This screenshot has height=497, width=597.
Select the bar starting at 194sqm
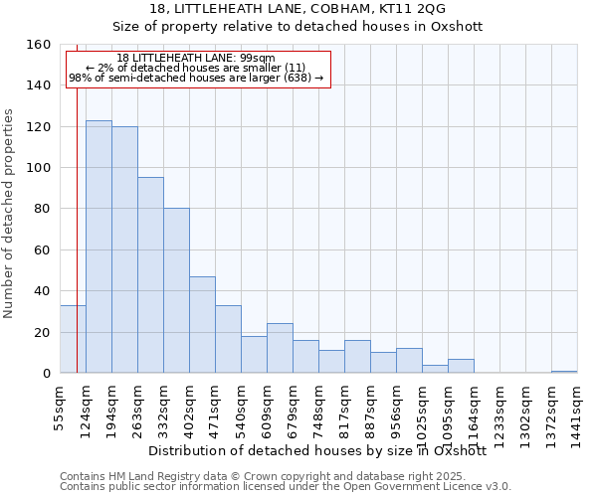coord(124,249)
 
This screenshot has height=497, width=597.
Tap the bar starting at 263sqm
coord(150,275)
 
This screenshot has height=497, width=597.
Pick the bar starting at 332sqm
coord(176,290)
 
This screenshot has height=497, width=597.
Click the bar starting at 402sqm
coord(202,324)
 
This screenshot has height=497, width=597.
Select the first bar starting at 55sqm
coord(73,339)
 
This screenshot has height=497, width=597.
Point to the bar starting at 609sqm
coord(280,348)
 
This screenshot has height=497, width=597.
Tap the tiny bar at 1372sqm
coord(564,371)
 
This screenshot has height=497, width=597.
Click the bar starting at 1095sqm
coord(461,366)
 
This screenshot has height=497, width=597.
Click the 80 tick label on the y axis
coord(43,209)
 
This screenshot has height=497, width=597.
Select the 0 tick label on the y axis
coord(47,373)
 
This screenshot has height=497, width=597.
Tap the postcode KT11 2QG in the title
coord(417,9)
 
